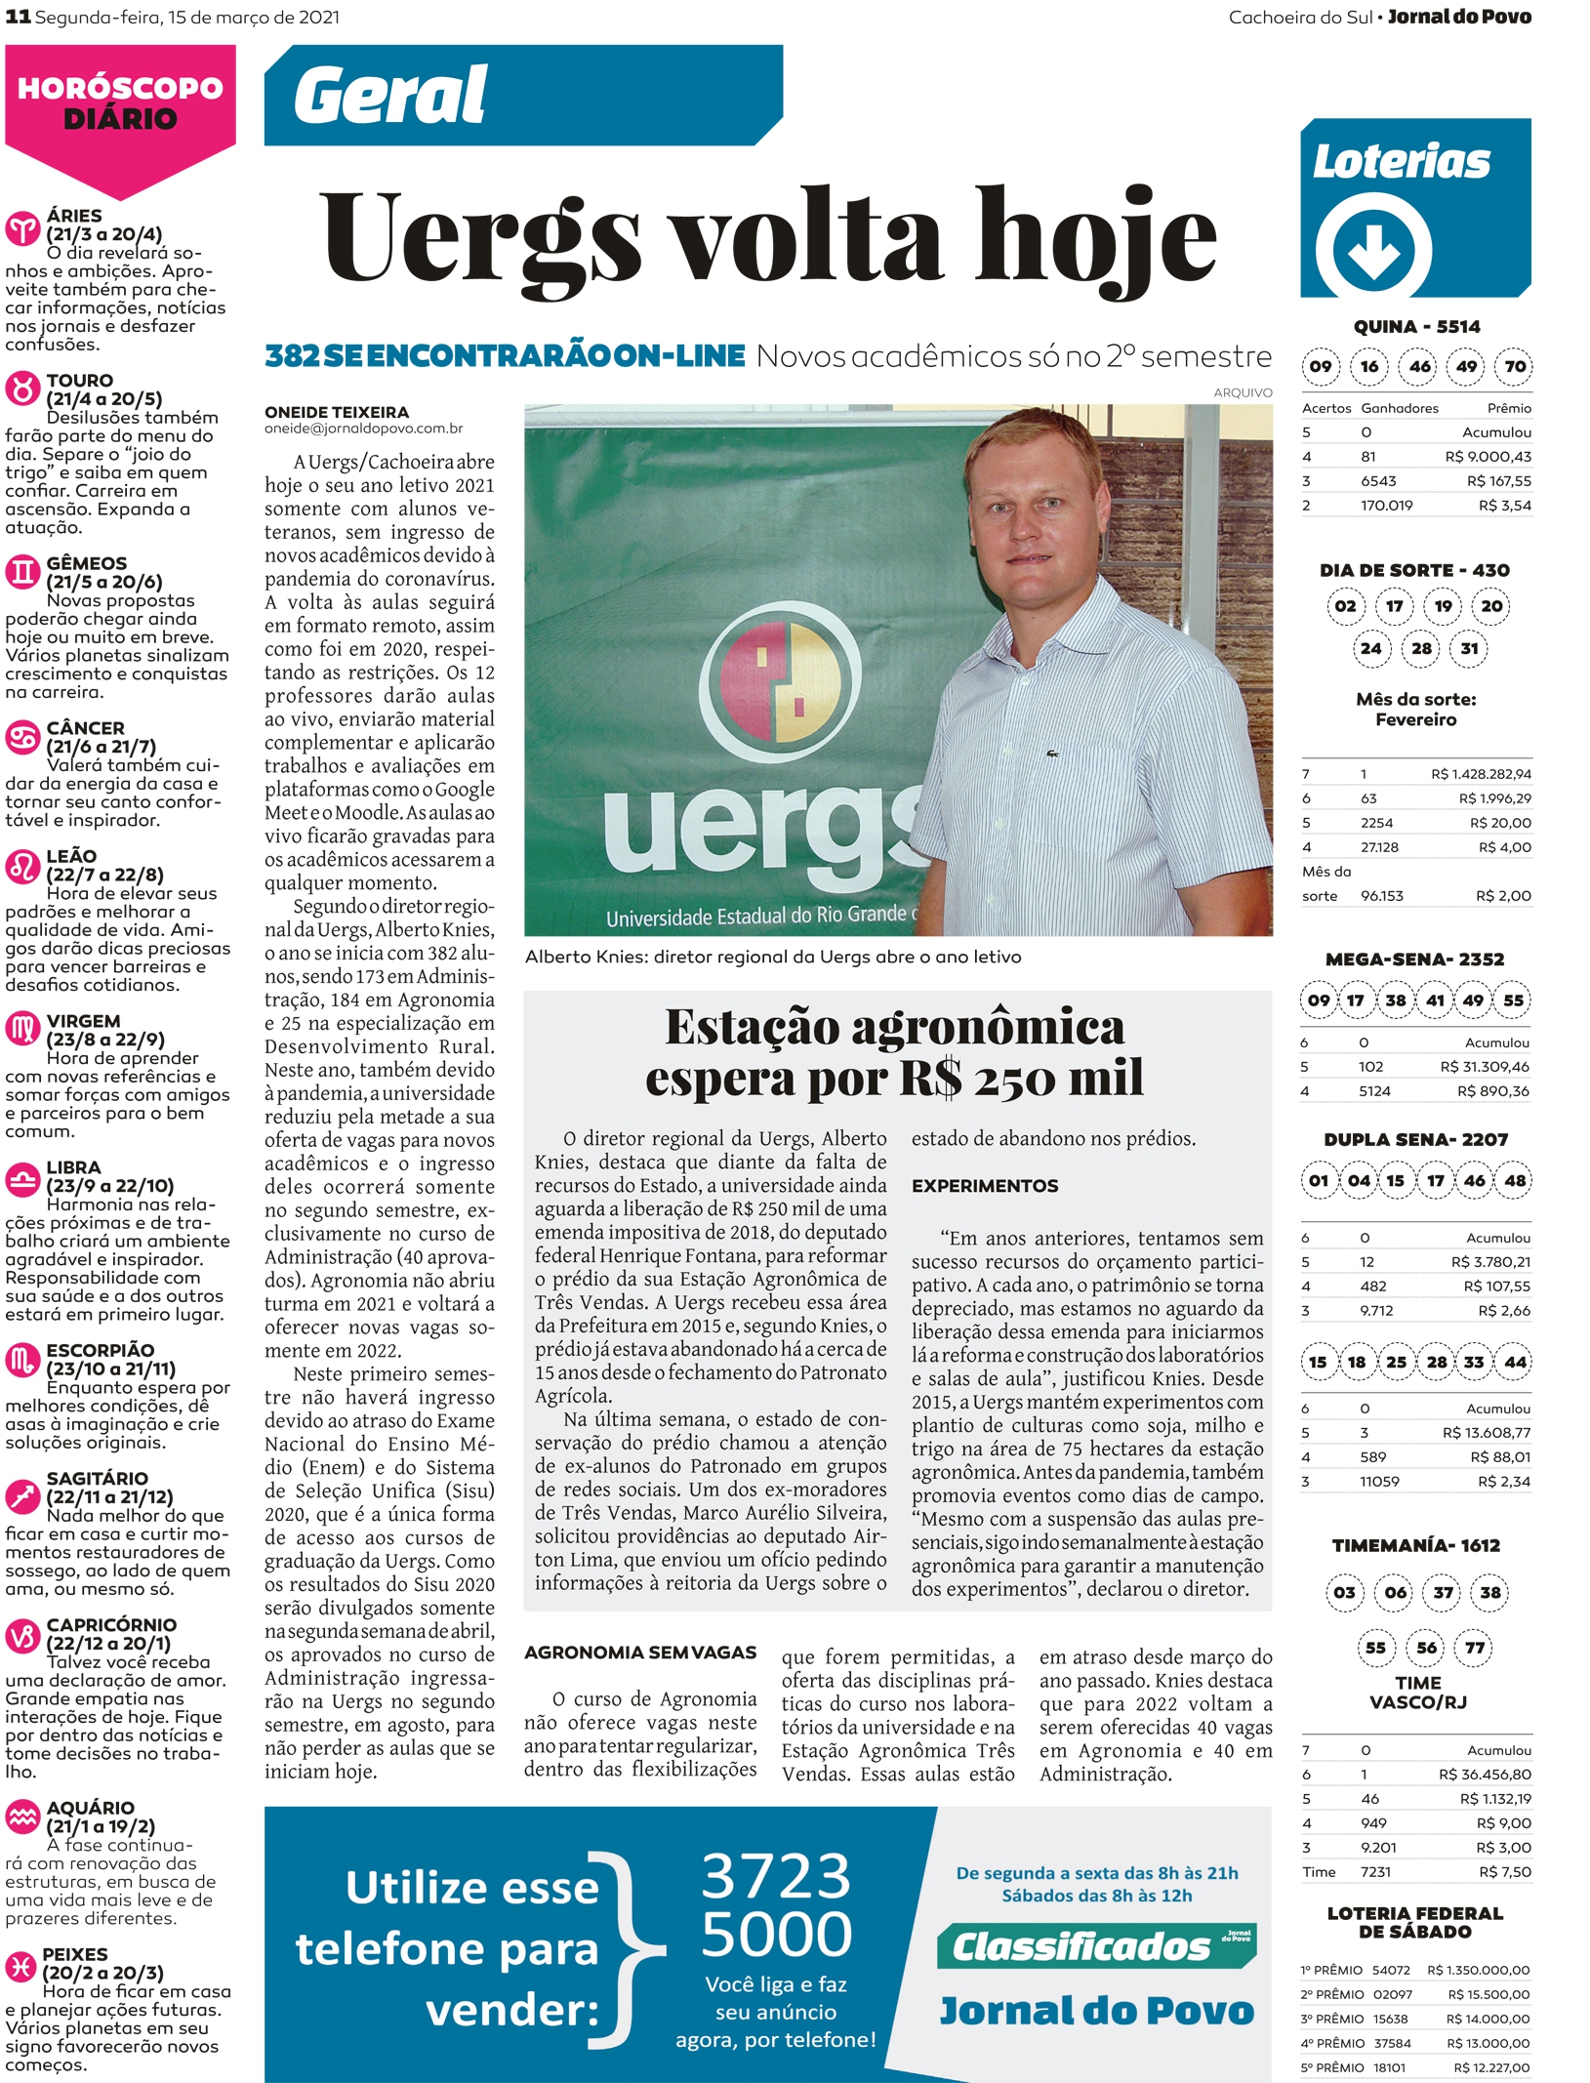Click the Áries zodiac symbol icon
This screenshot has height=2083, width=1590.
[x=22, y=228]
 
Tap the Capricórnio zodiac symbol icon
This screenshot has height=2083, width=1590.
[x=22, y=1636]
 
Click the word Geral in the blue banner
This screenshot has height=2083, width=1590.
[x=389, y=96]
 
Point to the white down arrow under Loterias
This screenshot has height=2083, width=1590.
[x=1373, y=251]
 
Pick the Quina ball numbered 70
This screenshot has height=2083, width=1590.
[x=1515, y=367]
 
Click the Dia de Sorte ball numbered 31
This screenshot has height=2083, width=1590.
[x=1470, y=648]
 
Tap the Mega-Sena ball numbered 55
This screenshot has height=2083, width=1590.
[x=1514, y=1001]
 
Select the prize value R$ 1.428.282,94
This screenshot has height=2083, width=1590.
[x=1481, y=774]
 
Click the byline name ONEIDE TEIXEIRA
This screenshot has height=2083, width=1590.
[x=337, y=413]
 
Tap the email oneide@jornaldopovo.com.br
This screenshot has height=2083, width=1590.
[x=363, y=429]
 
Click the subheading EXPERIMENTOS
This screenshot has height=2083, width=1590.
[x=985, y=1186]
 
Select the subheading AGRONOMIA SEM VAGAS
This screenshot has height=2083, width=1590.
[x=640, y=1653]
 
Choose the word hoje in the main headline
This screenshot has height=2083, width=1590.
[x=1095, y=239]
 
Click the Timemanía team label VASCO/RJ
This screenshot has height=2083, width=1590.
[x=1417, y=1702]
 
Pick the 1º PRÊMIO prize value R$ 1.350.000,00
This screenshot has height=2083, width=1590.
[x=1478, y=1970]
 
